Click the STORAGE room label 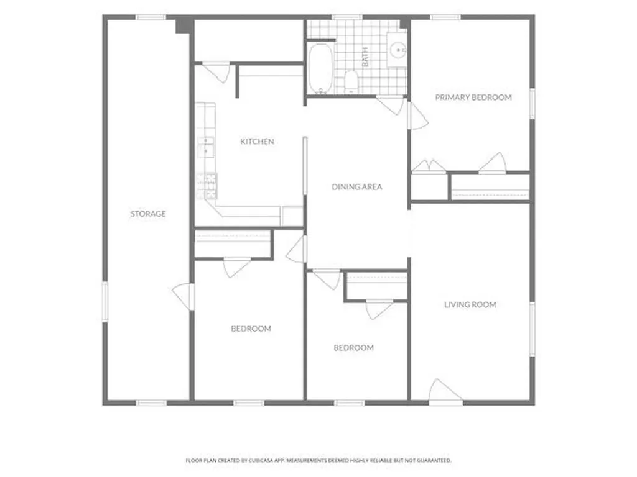148,214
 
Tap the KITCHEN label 257,142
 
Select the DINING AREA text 357,187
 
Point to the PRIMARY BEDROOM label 473,98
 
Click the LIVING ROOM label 470,304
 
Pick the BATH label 365,57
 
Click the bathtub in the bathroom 321,68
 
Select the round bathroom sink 397,51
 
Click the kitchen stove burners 207,186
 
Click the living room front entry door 445,392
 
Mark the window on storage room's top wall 151,17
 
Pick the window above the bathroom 347,17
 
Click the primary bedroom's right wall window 532,104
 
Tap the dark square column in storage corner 184,25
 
